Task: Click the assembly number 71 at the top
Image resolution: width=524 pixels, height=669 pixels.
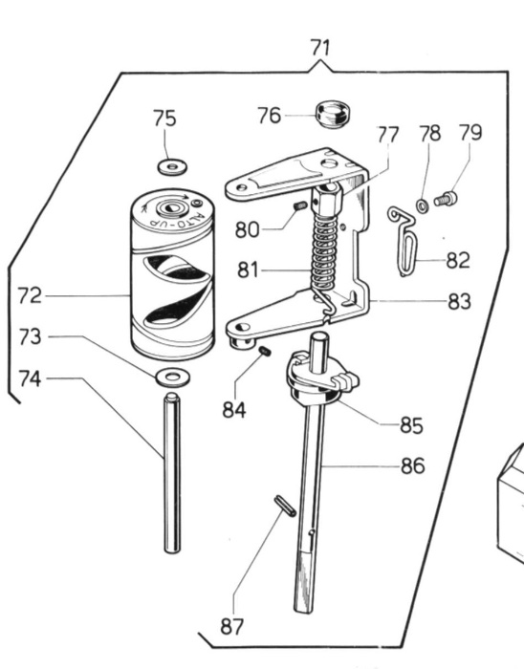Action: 320,48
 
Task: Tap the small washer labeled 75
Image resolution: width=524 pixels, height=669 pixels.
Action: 172,166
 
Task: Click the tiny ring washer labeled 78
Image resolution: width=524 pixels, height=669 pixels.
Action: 422,206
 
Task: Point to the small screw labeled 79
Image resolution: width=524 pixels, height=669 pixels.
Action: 446,199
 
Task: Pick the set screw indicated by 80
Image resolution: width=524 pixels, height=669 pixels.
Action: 300,207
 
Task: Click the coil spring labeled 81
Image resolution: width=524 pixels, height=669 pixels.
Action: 324,256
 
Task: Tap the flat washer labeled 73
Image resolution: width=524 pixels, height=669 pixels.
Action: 172,378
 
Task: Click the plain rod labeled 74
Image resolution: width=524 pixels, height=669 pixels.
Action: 172,473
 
